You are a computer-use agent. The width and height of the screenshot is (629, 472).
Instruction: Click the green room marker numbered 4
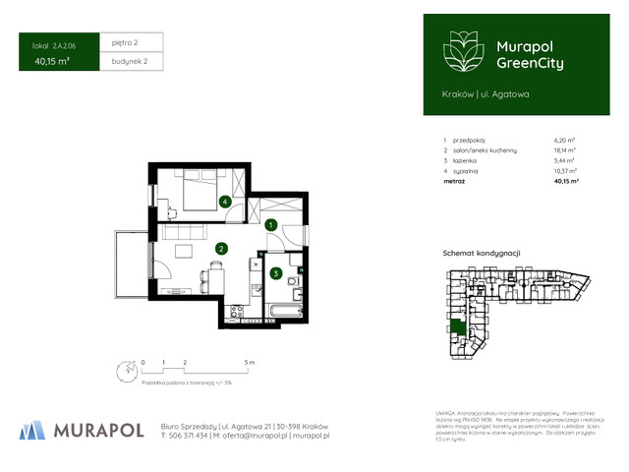click(225, 202)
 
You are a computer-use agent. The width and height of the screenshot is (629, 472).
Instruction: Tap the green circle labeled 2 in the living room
click(222, 249)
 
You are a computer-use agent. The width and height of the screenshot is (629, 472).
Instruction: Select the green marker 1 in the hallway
click(270, 224)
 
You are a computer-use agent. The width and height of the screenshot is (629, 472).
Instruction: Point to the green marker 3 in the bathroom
click(277, 272)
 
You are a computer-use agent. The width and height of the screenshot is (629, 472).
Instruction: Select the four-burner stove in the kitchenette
click(237, 312)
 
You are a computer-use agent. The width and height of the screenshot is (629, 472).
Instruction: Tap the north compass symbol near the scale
click(123, 372)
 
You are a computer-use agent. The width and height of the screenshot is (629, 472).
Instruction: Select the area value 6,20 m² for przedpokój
click(565, 141)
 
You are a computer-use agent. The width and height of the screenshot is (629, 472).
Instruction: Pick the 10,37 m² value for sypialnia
click(565, 170)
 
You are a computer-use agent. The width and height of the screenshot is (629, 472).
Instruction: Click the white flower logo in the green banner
click(461, 51)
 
